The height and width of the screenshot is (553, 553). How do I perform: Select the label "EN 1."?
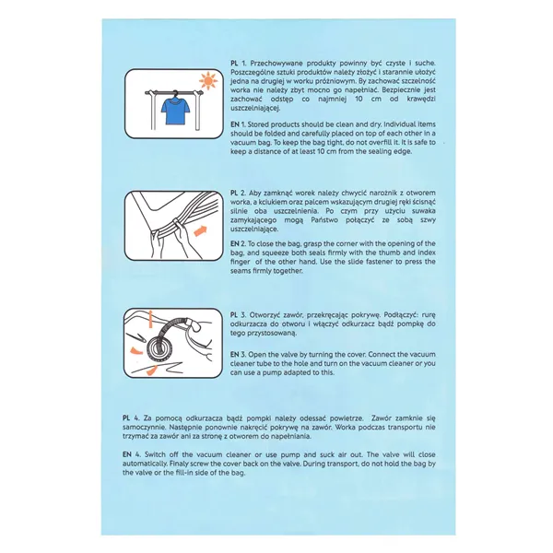238,123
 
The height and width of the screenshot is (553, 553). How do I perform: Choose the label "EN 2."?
238,243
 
